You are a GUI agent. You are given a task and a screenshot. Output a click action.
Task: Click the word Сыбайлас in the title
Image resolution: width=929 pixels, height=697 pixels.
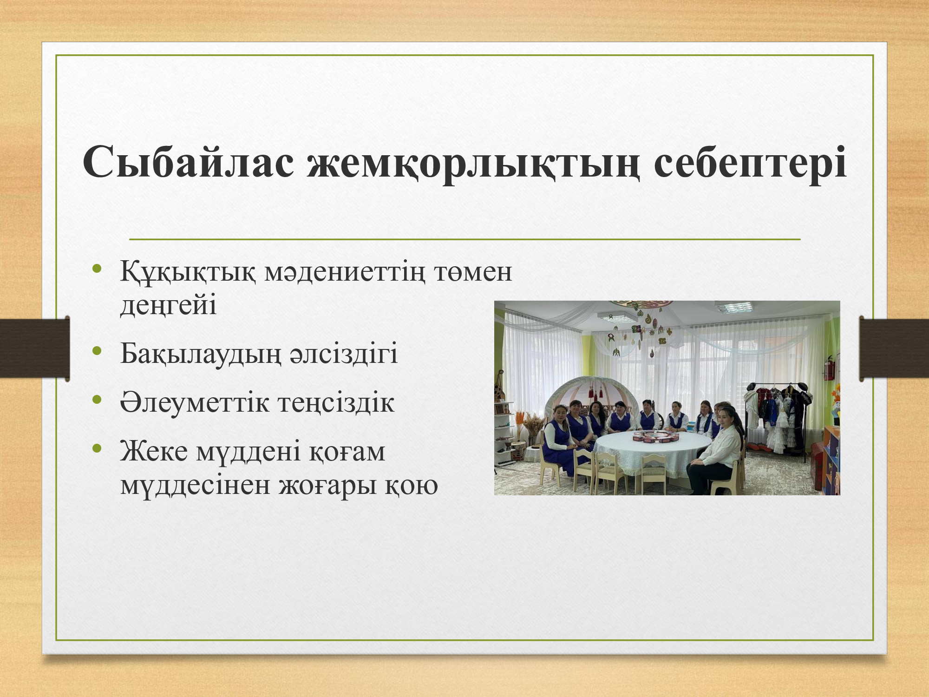click(189, 162)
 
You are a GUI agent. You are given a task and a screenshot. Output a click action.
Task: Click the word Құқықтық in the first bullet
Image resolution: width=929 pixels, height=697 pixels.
click(188, 272)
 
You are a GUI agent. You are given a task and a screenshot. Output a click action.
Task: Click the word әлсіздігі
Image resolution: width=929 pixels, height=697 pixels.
click(344, 354)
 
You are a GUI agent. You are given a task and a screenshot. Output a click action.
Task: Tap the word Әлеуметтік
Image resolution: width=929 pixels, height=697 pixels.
click(195, 402)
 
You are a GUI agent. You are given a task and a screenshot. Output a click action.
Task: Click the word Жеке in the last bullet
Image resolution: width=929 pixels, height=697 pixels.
click(154, 451)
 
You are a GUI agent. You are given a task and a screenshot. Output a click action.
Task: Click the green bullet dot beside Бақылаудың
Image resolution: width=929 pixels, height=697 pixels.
click(97, 351)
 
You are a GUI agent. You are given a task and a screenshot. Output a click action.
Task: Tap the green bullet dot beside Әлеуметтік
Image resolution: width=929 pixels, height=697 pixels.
click(97, 400)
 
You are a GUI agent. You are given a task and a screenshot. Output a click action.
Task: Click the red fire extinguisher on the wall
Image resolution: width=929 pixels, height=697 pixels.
click(829, 368)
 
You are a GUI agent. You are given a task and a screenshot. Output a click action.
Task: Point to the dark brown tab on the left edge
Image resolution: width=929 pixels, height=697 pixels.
click(35, 348)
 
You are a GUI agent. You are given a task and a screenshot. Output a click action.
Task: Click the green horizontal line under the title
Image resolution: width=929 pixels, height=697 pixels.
click(464, 239)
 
